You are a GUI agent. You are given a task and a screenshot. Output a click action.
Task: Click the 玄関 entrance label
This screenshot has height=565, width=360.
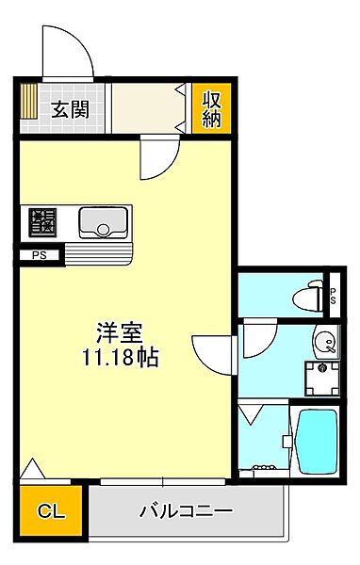pyautogui.click(x=70, y=108)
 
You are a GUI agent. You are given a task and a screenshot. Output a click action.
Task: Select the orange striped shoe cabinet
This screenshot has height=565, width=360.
pyautogui.click(x=28, y=108)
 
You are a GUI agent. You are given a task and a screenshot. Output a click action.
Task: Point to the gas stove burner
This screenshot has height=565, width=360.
pyautogui.click(x=41, y=221)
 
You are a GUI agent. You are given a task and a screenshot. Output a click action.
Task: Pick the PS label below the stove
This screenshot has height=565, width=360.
pyautogui.click(x=39, y=254)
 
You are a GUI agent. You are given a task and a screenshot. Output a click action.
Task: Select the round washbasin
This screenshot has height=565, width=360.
pyautogui.click(x=324, y=342)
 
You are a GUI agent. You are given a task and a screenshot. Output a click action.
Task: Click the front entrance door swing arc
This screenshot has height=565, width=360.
pyautogui.click(x=66, y=52)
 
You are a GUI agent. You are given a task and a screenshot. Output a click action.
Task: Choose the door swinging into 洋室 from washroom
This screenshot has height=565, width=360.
pyautogui.click(x=212, y=353)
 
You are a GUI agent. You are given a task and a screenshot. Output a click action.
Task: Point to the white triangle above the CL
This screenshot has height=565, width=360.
pyautogui.click(x=31, y=469)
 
